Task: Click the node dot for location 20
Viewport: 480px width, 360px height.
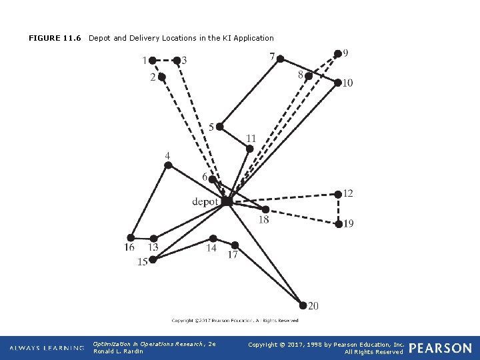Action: (x=303, y=305)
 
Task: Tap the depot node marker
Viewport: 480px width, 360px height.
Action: (x=227, y=201)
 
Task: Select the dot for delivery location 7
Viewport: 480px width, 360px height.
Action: (x=281, y=59)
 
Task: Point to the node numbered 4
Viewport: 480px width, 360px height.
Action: (x=169, y=167)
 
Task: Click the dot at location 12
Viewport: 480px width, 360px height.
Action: (x=339, y=195)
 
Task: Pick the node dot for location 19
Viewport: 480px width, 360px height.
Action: (x=339, y=224)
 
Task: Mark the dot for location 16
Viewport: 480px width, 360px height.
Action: (x=131, y=237)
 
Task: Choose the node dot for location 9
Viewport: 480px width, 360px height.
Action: (x=337, y=53)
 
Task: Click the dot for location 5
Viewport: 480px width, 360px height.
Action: (x=220, y=126)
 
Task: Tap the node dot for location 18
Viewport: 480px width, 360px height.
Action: (x=266, y=209)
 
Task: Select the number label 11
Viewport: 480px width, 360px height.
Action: (x=251, y=139)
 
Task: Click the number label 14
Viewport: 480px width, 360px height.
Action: (x=211, y=248)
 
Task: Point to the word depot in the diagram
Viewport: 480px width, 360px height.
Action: (x=205, y=201)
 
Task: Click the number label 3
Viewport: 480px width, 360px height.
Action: (x=184, y=61)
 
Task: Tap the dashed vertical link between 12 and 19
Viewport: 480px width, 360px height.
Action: (x=339, y=209)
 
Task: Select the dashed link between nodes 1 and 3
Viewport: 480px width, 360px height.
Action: (x=165, y=60)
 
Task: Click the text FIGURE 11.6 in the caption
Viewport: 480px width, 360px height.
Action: (x=55, y=38)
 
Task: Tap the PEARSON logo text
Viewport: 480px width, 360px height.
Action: (x=440, y=347)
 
